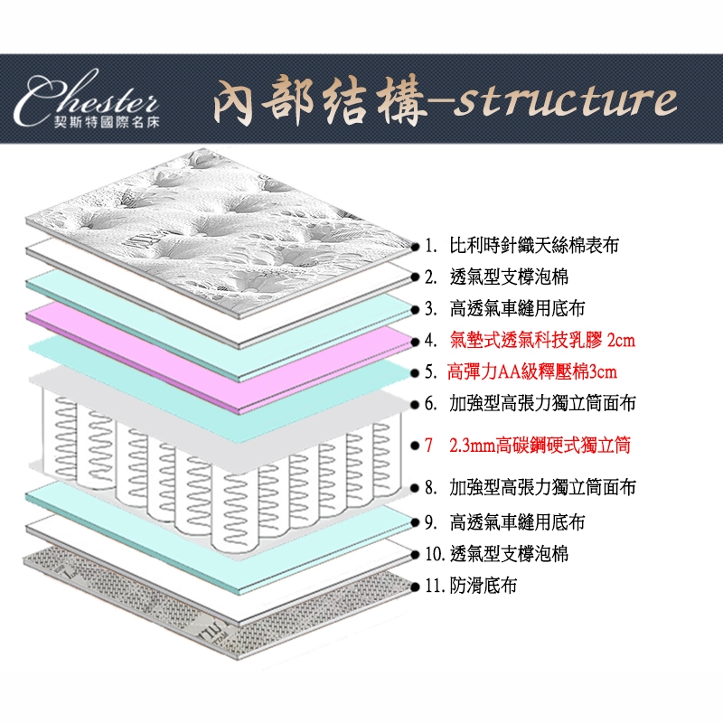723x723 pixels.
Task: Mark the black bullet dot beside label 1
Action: tap(413, 245)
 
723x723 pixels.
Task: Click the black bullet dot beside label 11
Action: tap(416, 586)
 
